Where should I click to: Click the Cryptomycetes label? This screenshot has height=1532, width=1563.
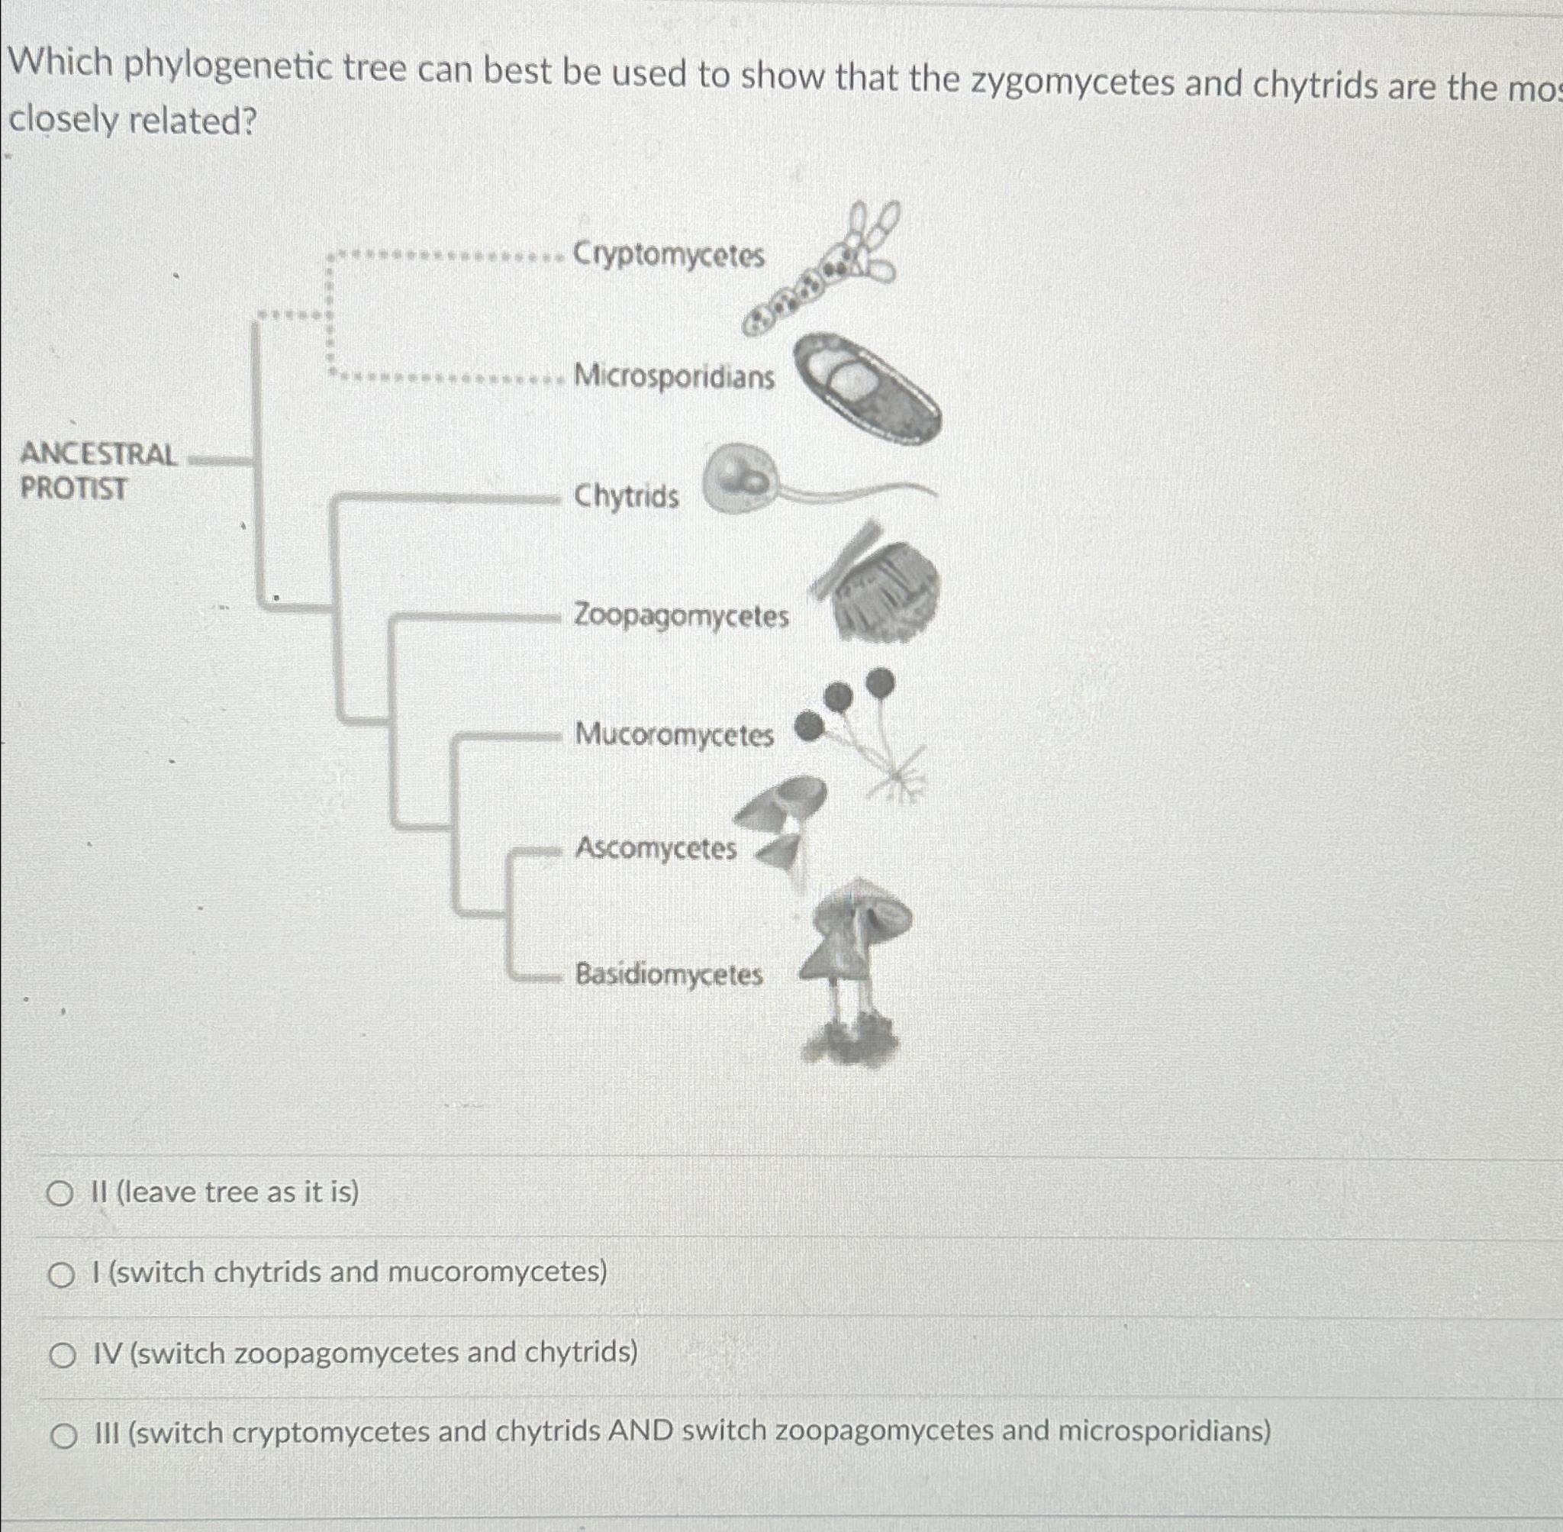668,255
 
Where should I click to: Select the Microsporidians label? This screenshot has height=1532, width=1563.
674,376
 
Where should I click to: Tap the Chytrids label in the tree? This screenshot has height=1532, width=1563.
626,495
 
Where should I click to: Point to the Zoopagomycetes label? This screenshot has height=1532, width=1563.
681,616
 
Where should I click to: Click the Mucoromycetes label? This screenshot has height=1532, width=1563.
674,734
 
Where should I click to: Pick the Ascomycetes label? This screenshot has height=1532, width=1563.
656,848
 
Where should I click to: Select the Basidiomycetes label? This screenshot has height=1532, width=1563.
669,975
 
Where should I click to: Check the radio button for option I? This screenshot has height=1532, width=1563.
60,1276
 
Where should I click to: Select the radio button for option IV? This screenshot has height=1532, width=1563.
61,1356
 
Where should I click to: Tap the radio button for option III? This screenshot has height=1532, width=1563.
63,1437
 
